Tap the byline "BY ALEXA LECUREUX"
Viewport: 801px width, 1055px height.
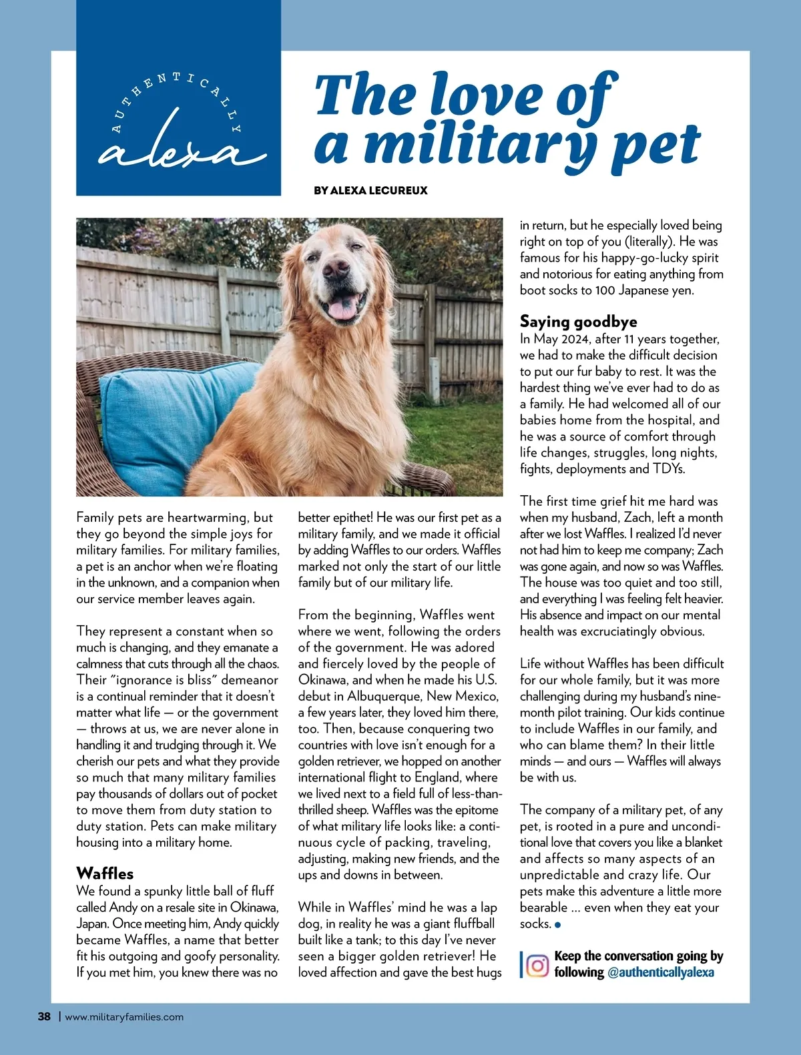pyautogui.click(x=370, y=190)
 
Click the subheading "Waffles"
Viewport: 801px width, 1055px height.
pyautogui.click(x=105, y=873)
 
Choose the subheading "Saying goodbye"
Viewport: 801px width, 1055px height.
pyautogui.click(x=578, y=322)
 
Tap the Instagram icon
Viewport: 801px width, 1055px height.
pyautogui.click(x=537, y=965)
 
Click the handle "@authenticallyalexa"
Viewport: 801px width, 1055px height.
pyautogui.click(x=660, y=972)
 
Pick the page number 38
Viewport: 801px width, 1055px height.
pyautogui.click(x=44, y=1017)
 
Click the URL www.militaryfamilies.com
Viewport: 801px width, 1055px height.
pyautogui.click(x=124, y=1017)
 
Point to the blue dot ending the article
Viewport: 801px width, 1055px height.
pyautogui.click(x=558, y=925)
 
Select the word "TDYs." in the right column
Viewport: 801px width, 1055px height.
pyautogui.click(x=669, y=468)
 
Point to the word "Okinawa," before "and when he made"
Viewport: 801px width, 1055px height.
pyautogui.click(x=322, y=680)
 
